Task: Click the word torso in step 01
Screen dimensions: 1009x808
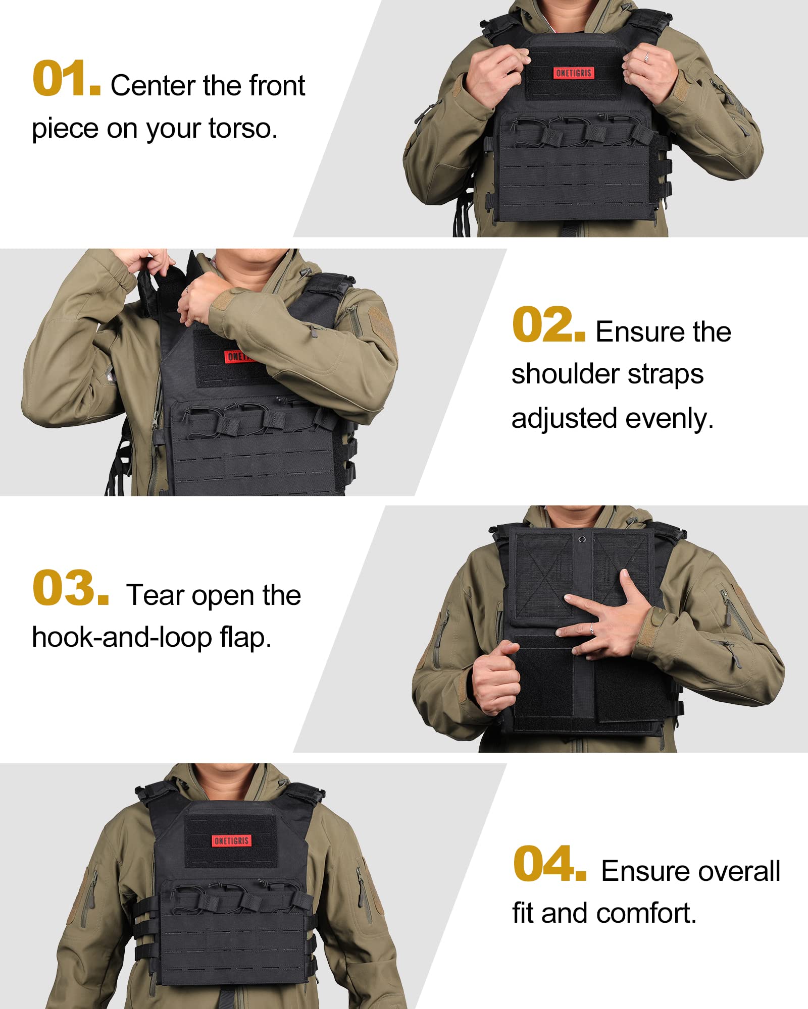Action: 243,129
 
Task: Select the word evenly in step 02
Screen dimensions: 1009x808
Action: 670,419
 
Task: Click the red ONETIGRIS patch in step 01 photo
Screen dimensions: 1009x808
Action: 574,73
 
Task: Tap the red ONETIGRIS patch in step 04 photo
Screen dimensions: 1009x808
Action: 231,840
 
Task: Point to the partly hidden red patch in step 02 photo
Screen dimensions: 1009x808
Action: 237,356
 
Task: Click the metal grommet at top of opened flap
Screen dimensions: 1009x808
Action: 582,538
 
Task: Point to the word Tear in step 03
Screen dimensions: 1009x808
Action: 155,595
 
